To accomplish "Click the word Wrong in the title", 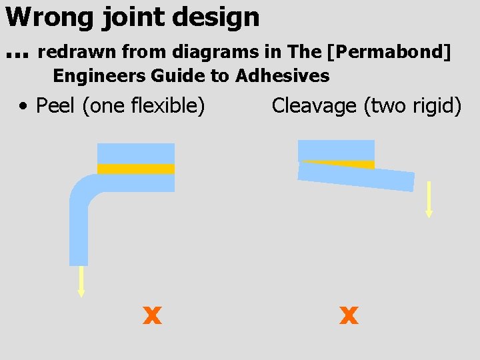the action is pos(49,17).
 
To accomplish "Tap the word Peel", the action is pos(55,105).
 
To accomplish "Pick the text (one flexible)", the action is pos(143,105).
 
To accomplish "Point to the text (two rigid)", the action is pos(413,105).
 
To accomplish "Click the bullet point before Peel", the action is pos(23,106).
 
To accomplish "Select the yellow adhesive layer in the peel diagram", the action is pos(136,169).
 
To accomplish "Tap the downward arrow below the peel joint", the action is pos(81,281).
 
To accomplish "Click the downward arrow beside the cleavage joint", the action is pos(429,199).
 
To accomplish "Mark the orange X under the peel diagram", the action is pos(153,315).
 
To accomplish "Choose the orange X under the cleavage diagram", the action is pos(349,315).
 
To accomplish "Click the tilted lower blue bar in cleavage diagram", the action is pos(357,177).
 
